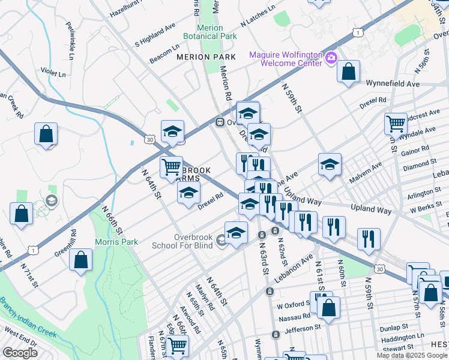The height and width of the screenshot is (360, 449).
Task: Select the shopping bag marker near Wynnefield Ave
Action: pyautogui.click(x=348, y=73)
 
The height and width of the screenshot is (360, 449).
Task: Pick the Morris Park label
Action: pyautogui.click(x=116, y=242)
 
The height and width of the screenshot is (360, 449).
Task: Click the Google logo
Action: pyautogui.click(x=19, y=353)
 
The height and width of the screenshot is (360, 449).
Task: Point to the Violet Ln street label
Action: pyautogui.click(x=53, y=73)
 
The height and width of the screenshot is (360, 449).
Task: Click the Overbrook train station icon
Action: pyautogui.click(x=220, y=122)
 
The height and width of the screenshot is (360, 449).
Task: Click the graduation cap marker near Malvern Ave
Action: pyautogui.click(x=330, y=166)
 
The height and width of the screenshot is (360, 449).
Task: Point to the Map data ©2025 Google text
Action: pyautogui.click(x=411, y=355)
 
